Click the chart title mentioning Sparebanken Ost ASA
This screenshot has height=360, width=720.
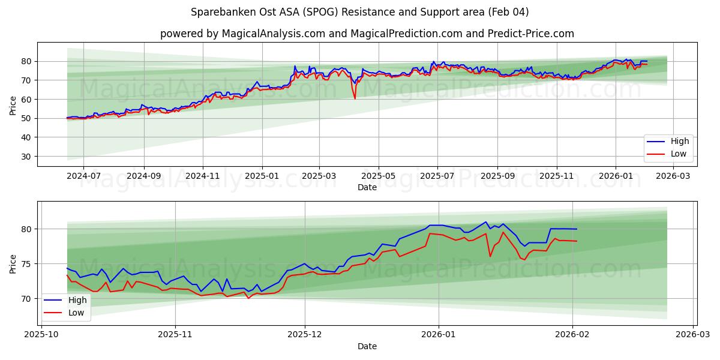(359, 12)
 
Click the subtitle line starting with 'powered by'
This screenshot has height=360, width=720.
(367, 34)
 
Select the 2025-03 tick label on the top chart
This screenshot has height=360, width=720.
(319, 176)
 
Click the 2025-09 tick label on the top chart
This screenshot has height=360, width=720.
(497, 176)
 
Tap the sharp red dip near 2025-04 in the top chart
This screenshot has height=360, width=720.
(355, 98)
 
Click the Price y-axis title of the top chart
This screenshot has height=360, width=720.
(13, 106)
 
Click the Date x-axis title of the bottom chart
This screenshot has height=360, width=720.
(367, 346)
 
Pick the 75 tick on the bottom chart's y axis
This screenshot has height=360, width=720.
(27, 264)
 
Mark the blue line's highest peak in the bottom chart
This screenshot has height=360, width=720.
(486, 222)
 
